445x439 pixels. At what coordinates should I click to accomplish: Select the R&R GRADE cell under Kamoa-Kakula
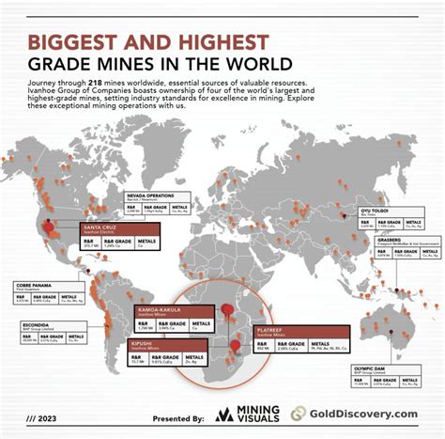[175, 323]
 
